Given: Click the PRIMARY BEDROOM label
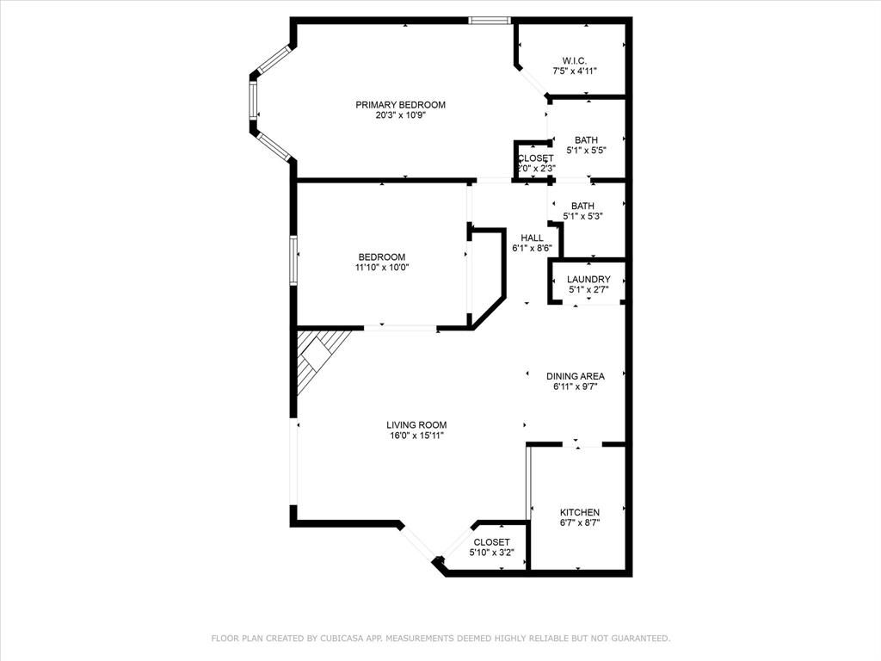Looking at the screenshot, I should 401,105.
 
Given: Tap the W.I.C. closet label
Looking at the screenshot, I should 575,60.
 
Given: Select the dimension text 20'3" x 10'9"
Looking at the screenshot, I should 401,116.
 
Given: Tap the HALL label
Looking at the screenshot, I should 532,238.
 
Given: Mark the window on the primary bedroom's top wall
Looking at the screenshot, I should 490,21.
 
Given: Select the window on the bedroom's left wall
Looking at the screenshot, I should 293,260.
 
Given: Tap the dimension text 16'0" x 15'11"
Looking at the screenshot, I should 416,436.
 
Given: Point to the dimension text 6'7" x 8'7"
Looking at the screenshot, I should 579,523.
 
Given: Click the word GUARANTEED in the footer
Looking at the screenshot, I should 638,639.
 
